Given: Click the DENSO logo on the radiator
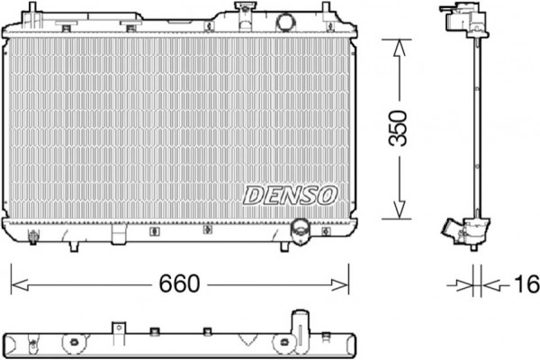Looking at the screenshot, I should click(x=289, y=193).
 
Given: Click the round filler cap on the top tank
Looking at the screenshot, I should click(x=286, y=21).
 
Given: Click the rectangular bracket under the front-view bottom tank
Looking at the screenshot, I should click(x=119, y=235).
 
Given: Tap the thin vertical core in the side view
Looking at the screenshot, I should click(x=472, y=126).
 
